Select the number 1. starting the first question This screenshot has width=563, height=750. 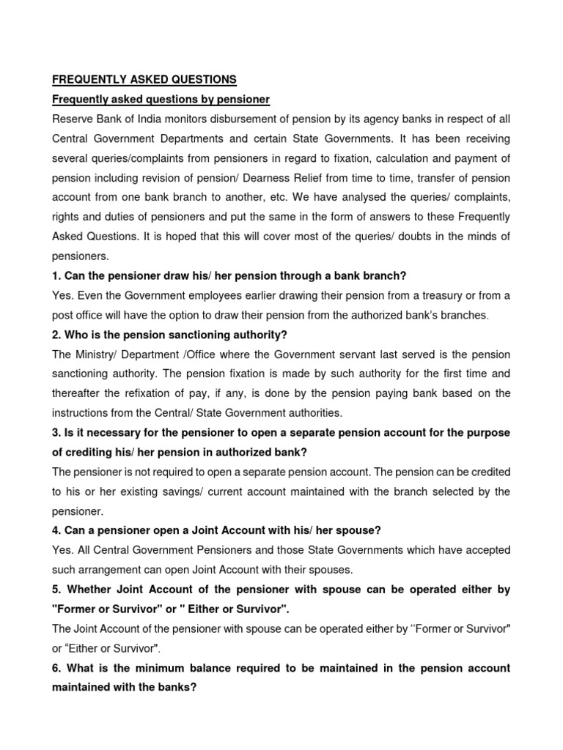(57, 276)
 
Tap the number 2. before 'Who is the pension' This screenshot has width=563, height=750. (57, 335)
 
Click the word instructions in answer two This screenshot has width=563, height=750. (81, 413)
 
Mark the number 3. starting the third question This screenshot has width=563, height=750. (57, 433)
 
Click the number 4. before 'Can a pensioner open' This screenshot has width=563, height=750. (57, 531)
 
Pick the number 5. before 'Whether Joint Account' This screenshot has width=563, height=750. (57, 590)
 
